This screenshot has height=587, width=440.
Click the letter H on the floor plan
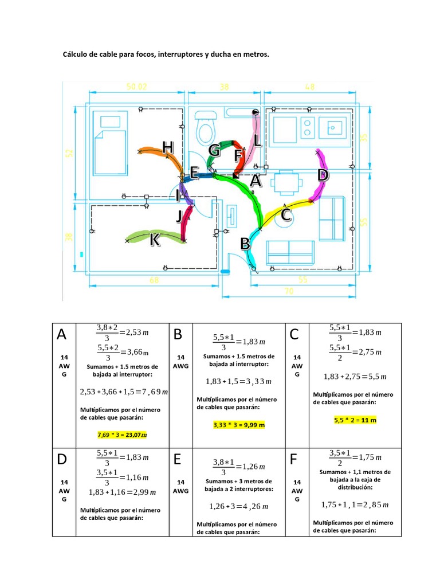point(167,147)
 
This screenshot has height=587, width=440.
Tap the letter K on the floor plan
point(155,241)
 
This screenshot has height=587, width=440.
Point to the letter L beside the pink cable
point(257,140)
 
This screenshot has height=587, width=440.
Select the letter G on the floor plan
point(214,151)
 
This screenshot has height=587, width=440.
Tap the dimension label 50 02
point(137,87)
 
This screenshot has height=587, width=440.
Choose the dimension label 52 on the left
point(69,153)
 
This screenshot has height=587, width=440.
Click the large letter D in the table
point(63,460)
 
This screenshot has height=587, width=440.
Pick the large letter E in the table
point(178,460)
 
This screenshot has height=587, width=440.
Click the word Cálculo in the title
point(76,54)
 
